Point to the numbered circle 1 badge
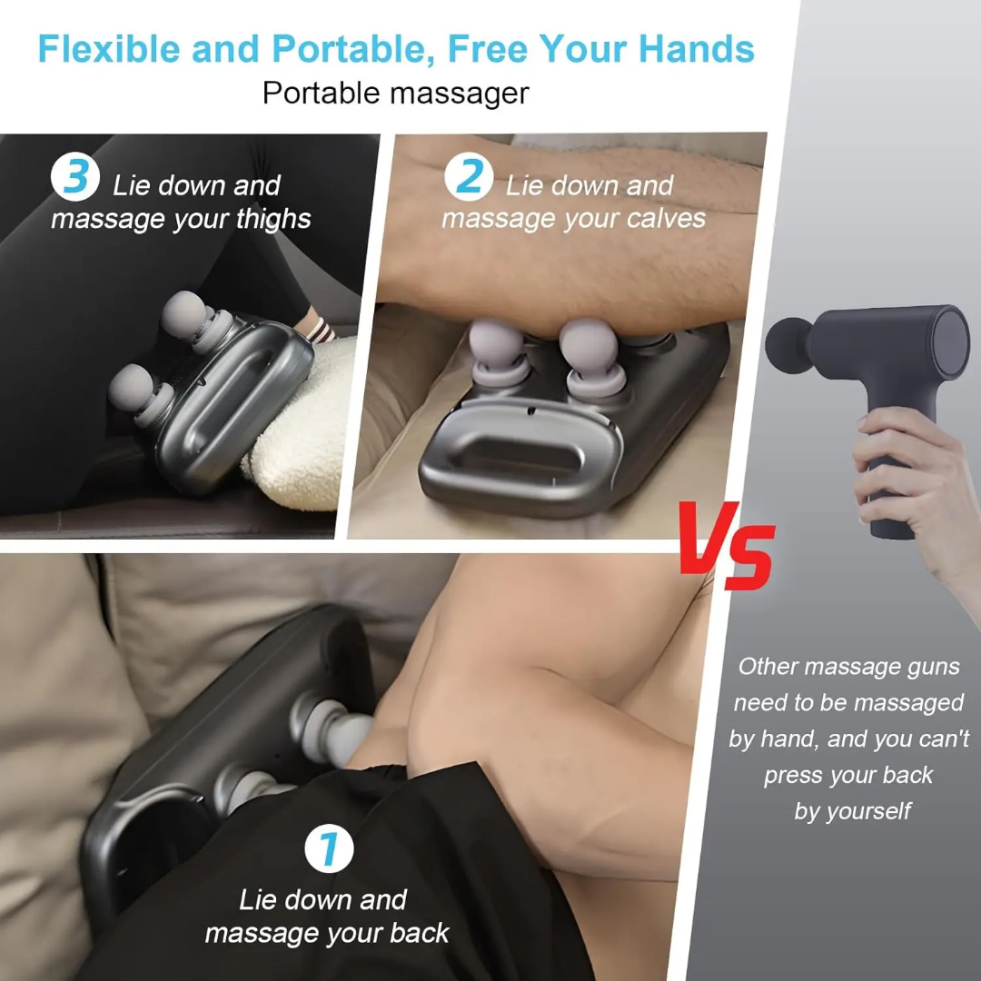328,849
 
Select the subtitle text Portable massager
395,93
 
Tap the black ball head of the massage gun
787,342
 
